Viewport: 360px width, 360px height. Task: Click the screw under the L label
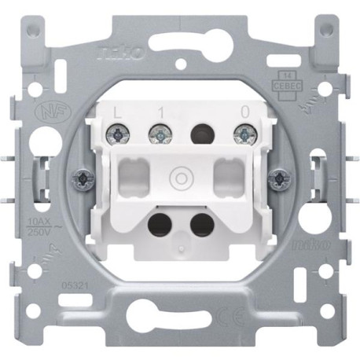[119, 135]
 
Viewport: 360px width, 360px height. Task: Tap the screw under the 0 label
[241, 135]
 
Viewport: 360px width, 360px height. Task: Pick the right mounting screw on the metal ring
[276, 180]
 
